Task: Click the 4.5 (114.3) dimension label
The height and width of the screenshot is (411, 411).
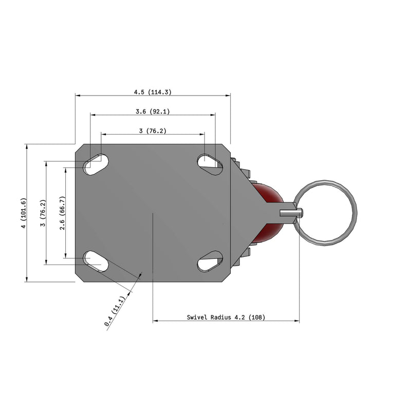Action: (153, 92)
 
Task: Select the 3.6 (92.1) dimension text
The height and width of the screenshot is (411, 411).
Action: (153, 111)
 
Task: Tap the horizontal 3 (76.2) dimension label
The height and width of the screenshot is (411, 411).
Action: (153, 131)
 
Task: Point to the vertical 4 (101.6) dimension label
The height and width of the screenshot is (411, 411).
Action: (22, 213)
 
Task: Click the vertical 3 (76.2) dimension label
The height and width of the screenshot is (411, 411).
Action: (43, 213)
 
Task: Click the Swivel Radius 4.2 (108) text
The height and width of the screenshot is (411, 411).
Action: (226, 317)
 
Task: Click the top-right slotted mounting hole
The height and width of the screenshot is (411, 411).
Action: (210, 162)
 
